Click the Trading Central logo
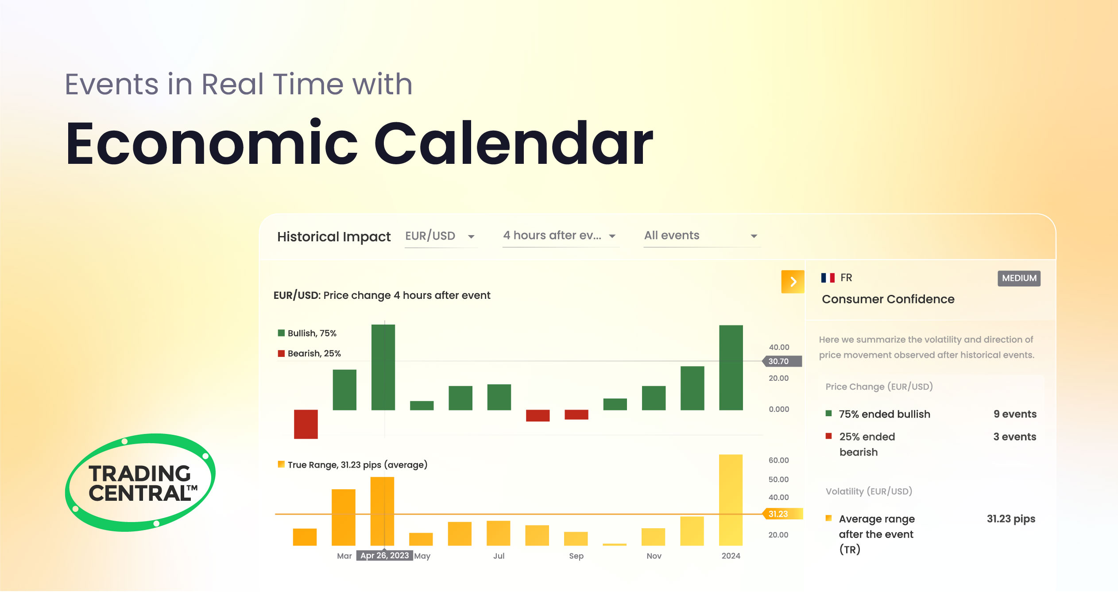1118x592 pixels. [140, 483]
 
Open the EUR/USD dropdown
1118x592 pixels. [440, 236]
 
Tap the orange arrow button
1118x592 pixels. [793, 282]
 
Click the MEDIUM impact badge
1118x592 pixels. [1018, 278]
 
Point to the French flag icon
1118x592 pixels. [828, 278]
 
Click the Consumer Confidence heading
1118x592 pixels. [888, 299]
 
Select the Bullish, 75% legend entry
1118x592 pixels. [307, 333]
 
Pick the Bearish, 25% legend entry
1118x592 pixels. [309, 353]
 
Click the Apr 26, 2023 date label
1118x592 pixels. [384, 556]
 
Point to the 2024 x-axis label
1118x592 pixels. [731, 556]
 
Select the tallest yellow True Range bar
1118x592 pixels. [731, 500]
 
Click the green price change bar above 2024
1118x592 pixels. [731, 368]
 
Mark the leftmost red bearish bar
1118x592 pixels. [306, 424]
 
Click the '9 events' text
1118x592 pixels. [1014, 414]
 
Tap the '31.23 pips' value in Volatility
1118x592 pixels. [1010, 519]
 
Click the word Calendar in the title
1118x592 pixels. [514, 143]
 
